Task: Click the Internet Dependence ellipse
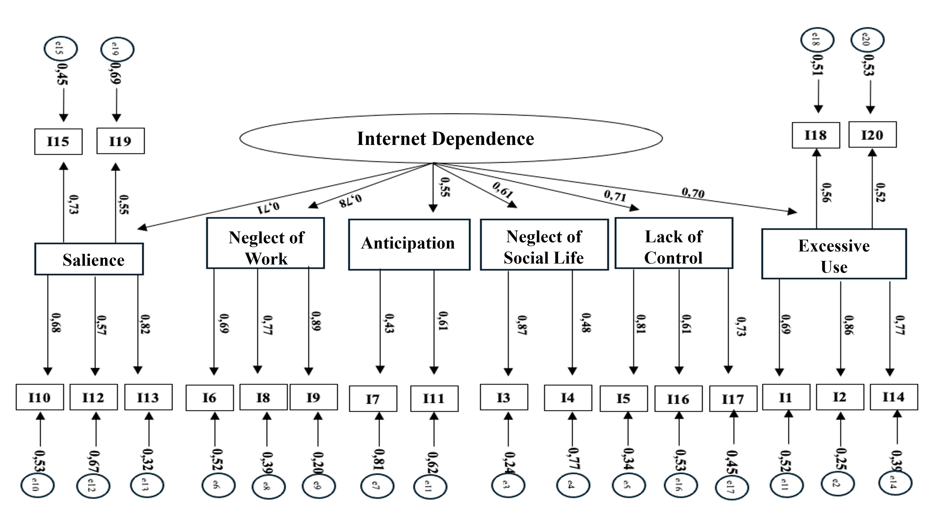coord(451,138)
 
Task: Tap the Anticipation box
coord(409,244)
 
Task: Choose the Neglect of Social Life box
coord(544,244)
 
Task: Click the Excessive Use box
coord(833,254)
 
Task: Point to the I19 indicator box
coord(120,141)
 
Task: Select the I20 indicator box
coord(872,135)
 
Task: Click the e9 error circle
coord(319,485)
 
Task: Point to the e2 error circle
coord(837,483)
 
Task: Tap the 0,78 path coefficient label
coord(350,200)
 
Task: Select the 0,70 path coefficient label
coord(693,193)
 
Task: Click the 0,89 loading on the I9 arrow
coord(316,321)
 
